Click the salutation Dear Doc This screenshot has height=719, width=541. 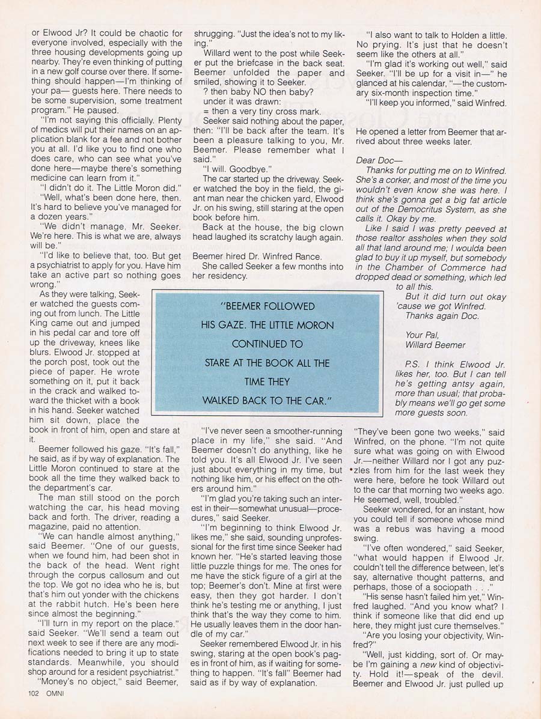(374, 160)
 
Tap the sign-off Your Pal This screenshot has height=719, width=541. (423, 335)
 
